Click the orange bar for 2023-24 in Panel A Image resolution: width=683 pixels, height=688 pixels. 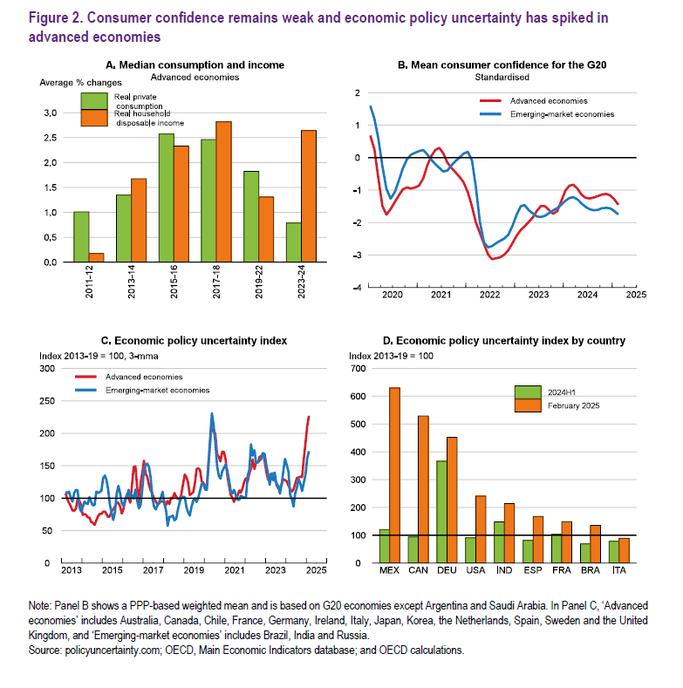[309, 195]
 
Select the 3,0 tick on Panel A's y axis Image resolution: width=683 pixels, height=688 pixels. [51, 113]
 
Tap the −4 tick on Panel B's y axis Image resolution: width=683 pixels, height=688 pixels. [355, 287]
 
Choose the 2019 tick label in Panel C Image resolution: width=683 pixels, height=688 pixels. [193, 570]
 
